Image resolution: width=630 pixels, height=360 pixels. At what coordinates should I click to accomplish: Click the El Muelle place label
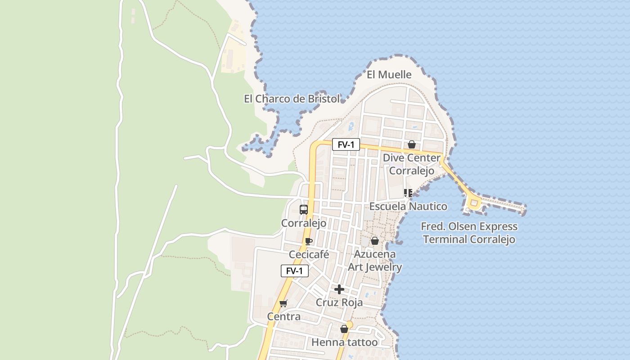(389, 75)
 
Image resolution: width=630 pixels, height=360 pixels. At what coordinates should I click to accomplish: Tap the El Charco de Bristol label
(292, 99)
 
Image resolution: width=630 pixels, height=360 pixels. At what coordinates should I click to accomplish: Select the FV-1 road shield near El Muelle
(346, 144)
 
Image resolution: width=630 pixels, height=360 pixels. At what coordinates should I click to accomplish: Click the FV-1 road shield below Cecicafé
(295, 271)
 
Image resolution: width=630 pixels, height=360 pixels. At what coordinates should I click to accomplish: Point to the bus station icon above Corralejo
(304, 209)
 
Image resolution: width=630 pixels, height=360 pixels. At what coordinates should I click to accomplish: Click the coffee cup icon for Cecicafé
(308, 241)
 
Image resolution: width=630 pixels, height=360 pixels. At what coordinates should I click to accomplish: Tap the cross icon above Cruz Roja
(339, 289)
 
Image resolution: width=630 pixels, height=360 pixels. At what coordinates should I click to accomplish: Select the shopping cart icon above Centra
(283, 303)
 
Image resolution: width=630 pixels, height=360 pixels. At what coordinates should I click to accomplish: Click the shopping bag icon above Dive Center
(411, 144)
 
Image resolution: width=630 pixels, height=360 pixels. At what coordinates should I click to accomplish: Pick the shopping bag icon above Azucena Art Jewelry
(374, 241)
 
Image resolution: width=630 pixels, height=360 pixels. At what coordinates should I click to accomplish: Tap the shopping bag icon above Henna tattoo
(344, 329)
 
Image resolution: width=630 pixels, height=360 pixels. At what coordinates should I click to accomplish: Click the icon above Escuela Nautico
(408, 193)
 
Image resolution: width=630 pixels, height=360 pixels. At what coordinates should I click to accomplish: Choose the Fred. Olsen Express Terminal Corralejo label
(469, 233)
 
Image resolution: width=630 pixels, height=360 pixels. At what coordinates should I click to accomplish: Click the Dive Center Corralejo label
(411, 164)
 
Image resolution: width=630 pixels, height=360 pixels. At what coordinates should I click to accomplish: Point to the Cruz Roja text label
(339, 302)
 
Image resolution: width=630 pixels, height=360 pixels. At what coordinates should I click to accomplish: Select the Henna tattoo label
(344, 342)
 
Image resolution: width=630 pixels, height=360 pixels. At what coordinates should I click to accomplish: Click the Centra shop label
(283, 317)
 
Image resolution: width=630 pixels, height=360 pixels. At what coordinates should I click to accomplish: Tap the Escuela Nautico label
(408, 207)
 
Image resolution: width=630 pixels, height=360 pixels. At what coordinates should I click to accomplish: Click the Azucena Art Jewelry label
(374, 261)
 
